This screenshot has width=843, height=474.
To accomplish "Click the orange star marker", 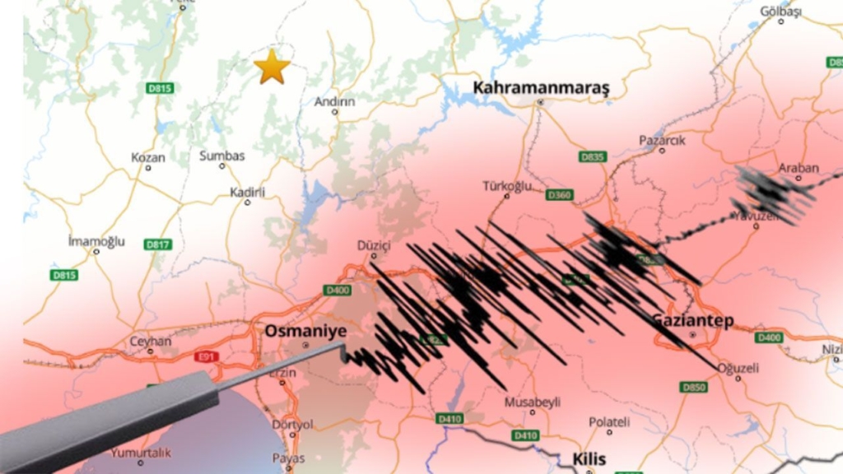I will [x=272, y=67].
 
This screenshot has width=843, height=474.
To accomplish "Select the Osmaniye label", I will [x=305, y=330].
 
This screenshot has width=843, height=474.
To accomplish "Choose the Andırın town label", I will [x=335, y=102].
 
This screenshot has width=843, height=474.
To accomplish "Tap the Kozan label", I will [x=148, y=157].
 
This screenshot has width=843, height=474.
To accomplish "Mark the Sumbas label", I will [x=222, y=156].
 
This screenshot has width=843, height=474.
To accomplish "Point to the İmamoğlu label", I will [x=96, y=241].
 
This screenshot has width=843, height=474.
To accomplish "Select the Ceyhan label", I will [x=151, y=341].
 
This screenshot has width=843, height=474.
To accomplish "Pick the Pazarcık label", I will [x=662, y=140].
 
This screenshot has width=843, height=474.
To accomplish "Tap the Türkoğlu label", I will [x=506, y=186].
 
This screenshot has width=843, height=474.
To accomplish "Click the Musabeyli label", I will [x=533, y=402].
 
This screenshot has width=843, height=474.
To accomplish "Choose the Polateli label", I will [x=609, y=422].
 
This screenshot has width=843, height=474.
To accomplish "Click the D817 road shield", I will [x=157, y=244].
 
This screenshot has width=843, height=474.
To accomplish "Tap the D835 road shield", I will [x=593, y=156].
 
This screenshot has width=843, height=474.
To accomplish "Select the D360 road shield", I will [x=560, y=195].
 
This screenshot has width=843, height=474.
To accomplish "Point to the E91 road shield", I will [x=206, y=357].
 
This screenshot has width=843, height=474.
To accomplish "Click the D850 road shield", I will [x=693, y=387].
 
